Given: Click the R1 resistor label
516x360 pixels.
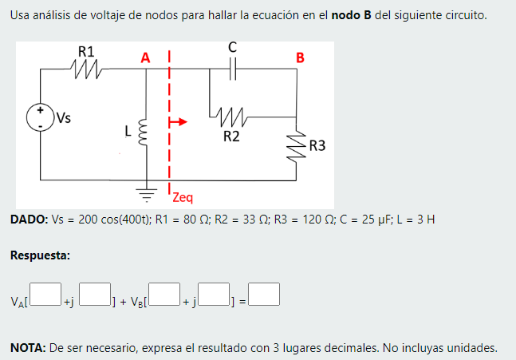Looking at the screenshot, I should (86, 51).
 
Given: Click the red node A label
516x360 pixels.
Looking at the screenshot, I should (144, 57).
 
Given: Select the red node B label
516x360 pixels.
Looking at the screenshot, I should (300, 57).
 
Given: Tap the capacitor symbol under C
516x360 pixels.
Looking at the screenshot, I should (232, 70).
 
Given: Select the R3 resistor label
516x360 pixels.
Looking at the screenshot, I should (317, 146).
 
